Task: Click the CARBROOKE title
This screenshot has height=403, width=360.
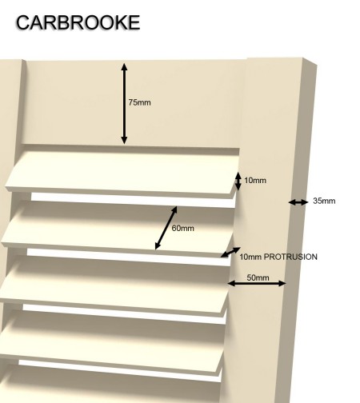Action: [x=78, y=22]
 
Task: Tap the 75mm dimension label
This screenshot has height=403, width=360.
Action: [x=139, y=102]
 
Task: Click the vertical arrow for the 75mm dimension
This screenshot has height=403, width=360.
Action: [x=124, y=104]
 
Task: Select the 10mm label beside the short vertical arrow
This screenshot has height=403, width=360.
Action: [x=255, y=181]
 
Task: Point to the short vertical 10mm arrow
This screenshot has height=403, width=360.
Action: [x=238, y=182]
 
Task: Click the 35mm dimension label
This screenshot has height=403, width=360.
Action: [x=324, y=201]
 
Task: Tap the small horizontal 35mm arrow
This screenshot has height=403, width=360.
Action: [x=298, y=202]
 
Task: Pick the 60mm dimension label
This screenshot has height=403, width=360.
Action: [x=182, y=229]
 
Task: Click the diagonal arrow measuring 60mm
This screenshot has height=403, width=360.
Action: [x=166, y=228]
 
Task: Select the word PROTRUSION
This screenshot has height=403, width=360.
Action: [x=290, y=257]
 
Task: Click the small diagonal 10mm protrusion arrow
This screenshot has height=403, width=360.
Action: [x=230, y=252]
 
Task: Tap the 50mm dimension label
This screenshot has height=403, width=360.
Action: [x=258, y=277]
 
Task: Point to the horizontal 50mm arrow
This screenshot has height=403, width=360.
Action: [x=257, y=283]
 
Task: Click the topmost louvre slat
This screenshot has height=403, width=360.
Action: [x=122, y=174]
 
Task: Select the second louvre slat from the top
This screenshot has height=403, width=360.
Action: [x=118, y=228]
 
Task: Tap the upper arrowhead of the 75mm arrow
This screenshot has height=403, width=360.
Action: [x=124, y=66]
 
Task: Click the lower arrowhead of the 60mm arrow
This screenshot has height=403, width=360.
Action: [x=158, y=246]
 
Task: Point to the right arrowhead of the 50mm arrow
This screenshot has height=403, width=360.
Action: [x=282, y=283]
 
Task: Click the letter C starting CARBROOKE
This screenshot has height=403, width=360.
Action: [x=22, y=22]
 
